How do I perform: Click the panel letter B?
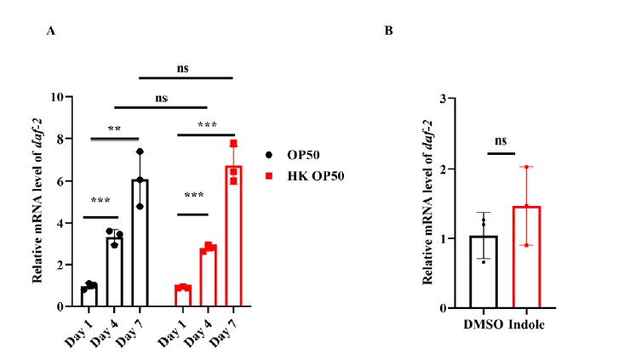(388, 31)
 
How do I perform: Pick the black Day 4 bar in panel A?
(114, 271)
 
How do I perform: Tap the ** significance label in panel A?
(114, 129)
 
